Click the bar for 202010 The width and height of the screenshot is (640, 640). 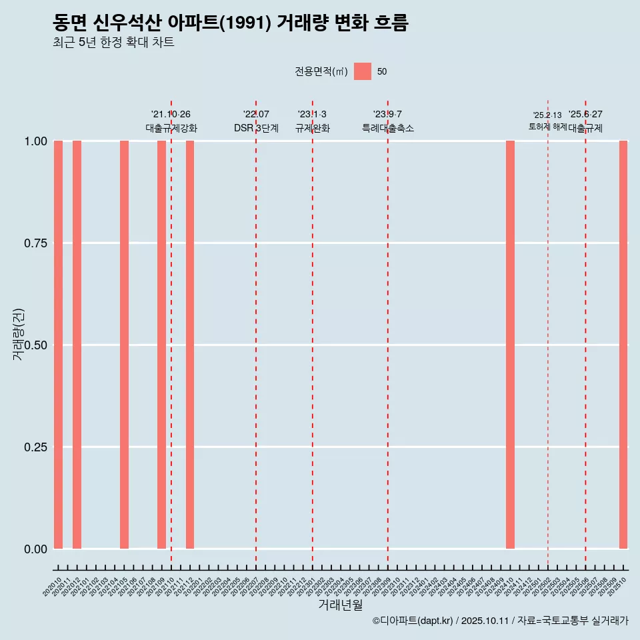pos(58,345)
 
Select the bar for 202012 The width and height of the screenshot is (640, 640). pos(77,345)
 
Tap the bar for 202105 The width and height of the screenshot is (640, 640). pos(124,345)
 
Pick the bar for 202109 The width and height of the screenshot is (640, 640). pos(161,345)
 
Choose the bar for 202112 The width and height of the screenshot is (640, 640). pos(190,345)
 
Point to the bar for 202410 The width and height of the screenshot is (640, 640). pos(510,345)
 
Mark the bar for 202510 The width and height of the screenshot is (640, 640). pos(623,345)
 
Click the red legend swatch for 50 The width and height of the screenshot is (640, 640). pos(363,71)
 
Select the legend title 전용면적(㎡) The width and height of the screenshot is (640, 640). pos(321,71)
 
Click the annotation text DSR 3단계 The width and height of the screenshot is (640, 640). pos(256,128)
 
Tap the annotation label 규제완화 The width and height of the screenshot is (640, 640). pos(313,128)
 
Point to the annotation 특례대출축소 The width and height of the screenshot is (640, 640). pos(388,128)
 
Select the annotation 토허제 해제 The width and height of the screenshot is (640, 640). pos(547,126)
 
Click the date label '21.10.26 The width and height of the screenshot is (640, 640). pos(171,115)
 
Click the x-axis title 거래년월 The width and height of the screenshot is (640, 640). pos(340,605)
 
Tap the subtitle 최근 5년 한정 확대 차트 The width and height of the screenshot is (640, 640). pos(113,43)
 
